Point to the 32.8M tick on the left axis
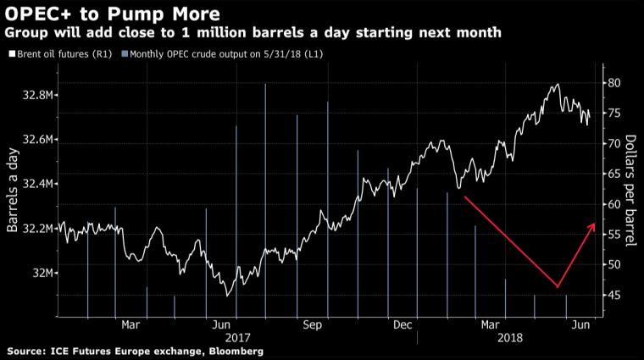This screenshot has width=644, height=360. (38, 95)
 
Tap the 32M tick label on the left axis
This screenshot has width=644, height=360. (43, 273)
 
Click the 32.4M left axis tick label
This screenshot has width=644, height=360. (38, 184)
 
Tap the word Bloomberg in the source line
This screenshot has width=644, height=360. (231, 351)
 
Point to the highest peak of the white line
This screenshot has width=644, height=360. (557, 84)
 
